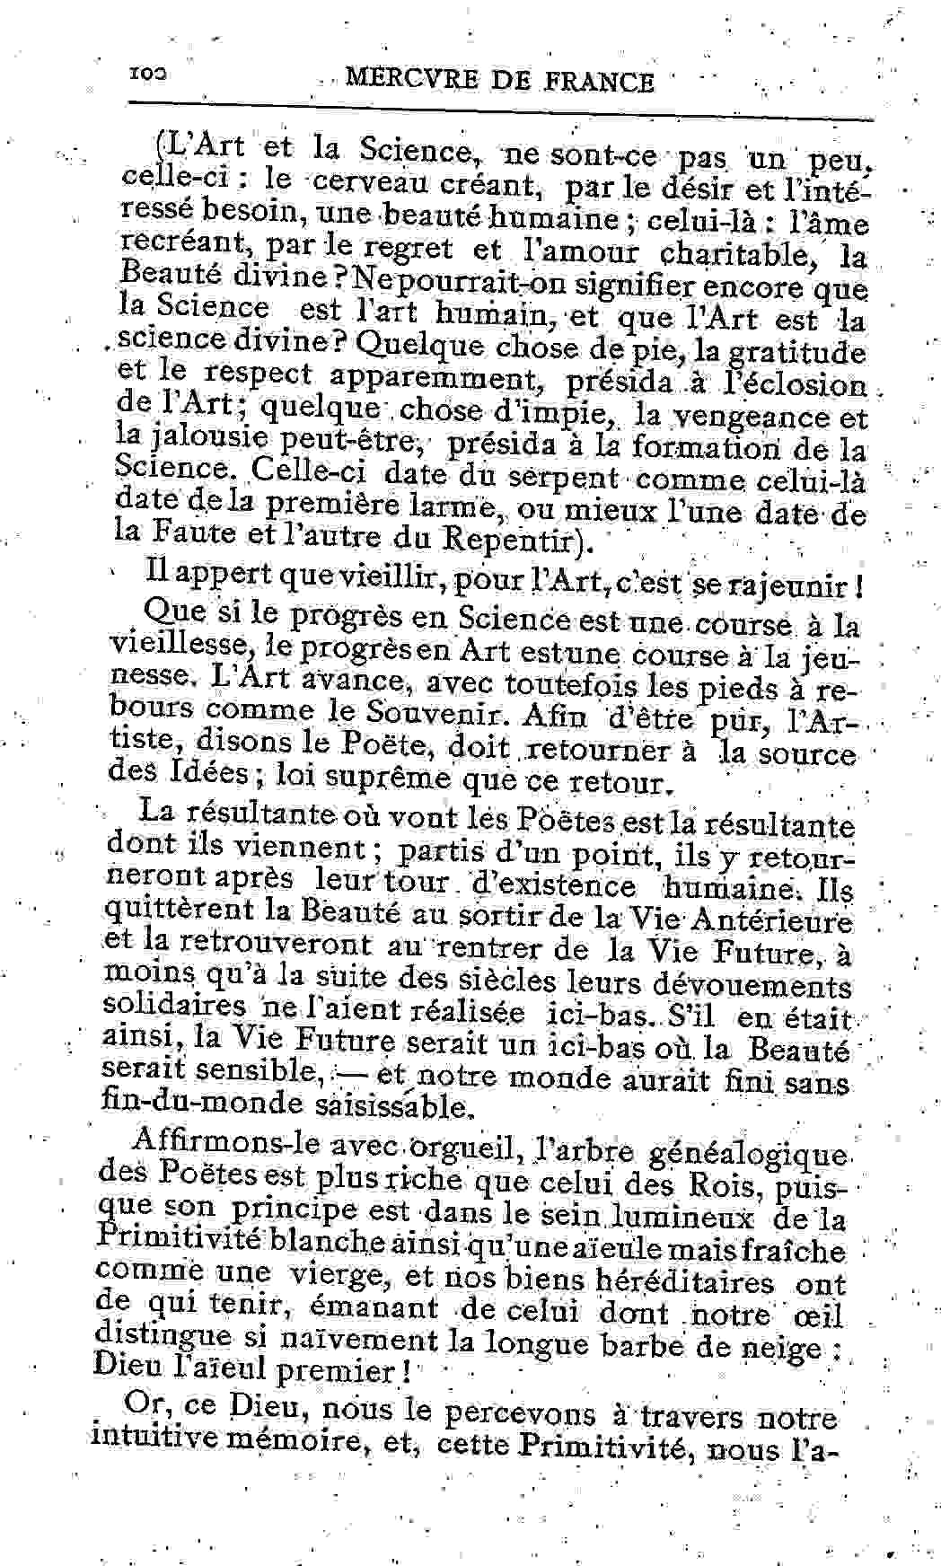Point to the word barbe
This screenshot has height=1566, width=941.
pyautogui.click(x=652, y=1346)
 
